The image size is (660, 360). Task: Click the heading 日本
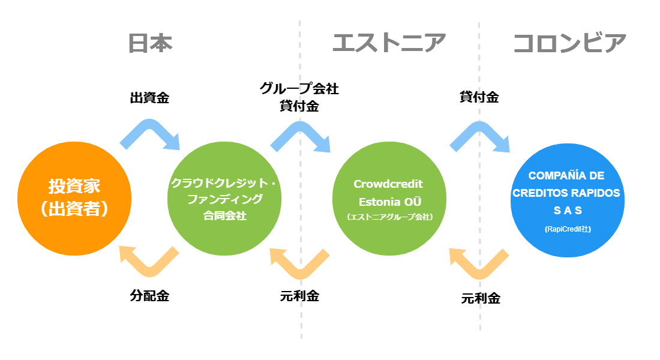(x=150, y=43)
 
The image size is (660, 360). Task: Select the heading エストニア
(x=389, y=43)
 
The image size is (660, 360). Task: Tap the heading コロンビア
(x=569, y=43)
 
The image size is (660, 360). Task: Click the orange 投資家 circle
(x=74, y=199)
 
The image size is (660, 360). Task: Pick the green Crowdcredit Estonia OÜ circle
(x=389, y=199)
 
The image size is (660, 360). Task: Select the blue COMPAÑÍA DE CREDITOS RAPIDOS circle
(x=568, y=200)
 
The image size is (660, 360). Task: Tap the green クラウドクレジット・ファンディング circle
(x=224, y=199)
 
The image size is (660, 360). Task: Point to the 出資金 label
(x=149, y=98)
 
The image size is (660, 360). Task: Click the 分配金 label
(x=149, y=296)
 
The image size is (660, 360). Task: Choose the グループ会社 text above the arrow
(x=299, y=88)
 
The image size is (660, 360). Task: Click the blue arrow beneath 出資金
(x=149, y=127)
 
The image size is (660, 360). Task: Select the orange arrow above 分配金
(x=149, y=269)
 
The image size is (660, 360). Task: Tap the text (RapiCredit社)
(x=568, y=229)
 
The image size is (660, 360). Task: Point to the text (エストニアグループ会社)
(x=390, y=217)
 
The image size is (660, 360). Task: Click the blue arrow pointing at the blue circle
(x=479, y=128)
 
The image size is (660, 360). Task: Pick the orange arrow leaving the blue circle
(x=479, y=272)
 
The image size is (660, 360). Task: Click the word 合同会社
(x=225, y=215)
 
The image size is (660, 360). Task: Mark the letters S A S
(x=568, y=210)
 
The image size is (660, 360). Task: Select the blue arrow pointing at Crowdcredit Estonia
(x=299, y=128)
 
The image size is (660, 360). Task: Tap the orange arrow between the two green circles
(x=299, y=272)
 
